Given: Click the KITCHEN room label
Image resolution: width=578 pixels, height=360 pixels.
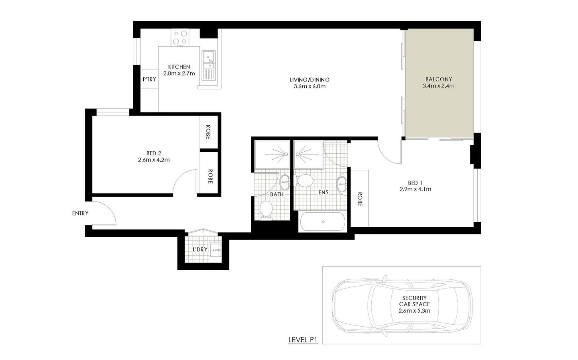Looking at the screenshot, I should coord(179,67).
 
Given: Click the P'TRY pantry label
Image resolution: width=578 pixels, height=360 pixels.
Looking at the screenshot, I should coord(149,79).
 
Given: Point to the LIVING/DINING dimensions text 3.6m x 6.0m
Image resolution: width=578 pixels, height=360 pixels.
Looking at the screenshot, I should coord(307,86).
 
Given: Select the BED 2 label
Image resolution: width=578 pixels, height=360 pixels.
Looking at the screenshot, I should coord(154,153).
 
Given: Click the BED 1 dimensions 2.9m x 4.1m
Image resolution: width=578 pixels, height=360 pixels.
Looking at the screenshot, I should coord(415,189).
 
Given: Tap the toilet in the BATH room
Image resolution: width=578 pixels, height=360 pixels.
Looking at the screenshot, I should coord(266,210).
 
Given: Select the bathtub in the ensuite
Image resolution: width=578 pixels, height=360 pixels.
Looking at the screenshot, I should coord(322,222).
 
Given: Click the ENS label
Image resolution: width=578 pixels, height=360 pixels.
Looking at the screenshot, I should coord(323,193).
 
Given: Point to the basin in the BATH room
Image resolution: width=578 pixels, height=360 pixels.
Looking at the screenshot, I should coord(285,182).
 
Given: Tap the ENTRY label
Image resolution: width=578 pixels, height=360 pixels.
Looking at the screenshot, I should coord(80,214).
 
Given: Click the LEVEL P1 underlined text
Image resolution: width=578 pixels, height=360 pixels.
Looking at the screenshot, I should coord(303,340).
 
